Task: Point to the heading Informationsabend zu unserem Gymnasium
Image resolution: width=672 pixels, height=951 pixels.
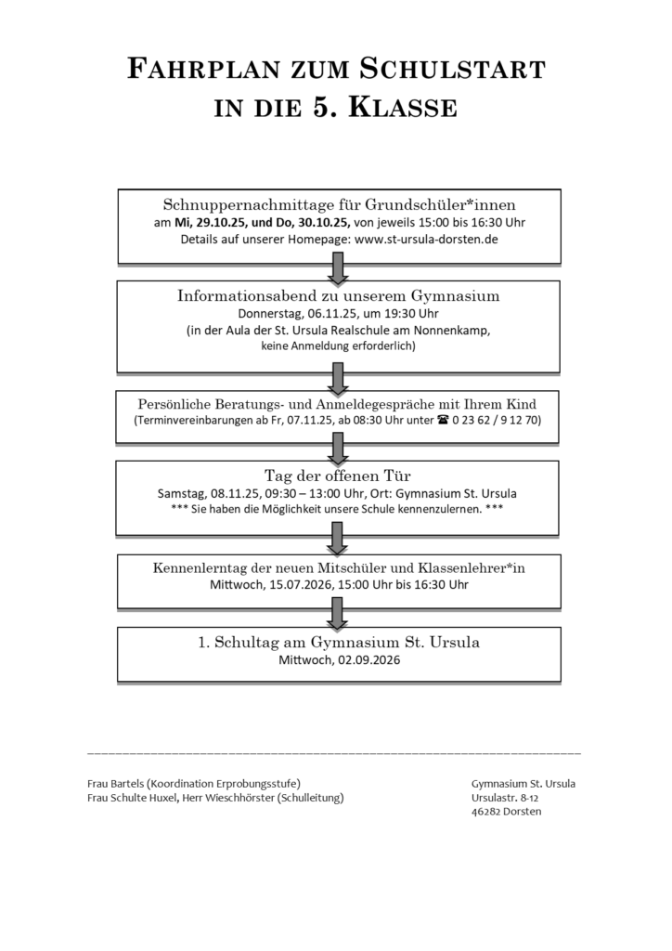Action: pos(339,296)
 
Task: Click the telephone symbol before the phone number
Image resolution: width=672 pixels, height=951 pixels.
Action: pos(442,421)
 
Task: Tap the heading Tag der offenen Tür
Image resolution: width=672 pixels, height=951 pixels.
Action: pos(339,476)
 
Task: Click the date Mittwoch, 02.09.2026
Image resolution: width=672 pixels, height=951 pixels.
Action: pos(339,660)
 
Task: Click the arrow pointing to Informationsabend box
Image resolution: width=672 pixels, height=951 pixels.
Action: pos(338,269)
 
